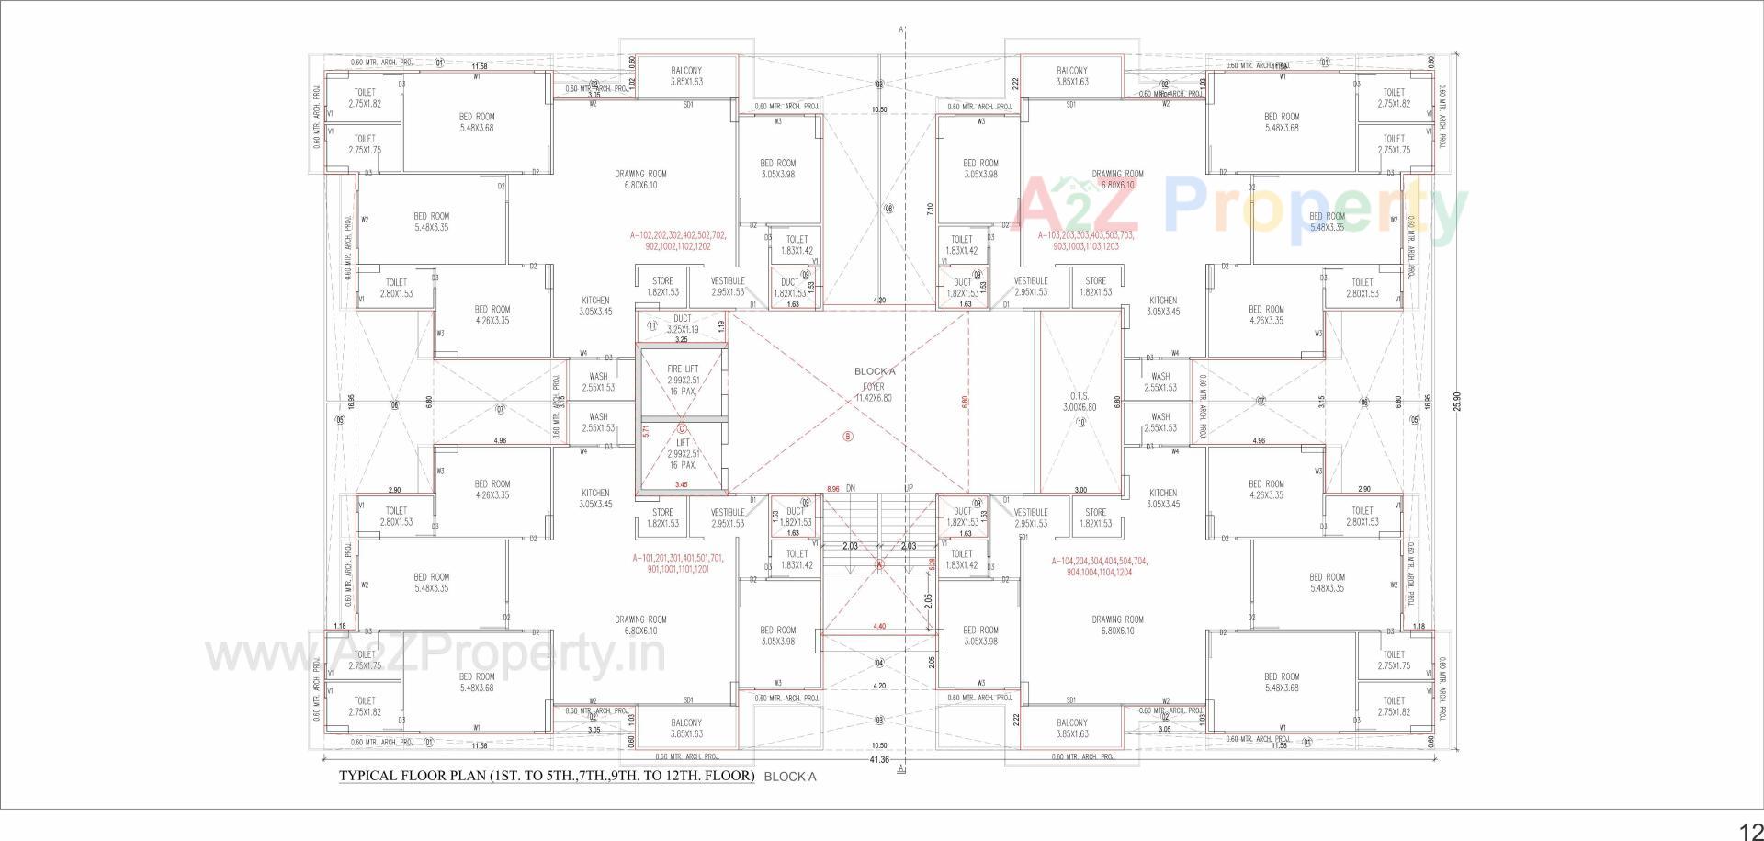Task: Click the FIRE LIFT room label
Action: [683, 369]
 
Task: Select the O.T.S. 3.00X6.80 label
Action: [1080, 401]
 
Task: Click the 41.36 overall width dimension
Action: [879, 759]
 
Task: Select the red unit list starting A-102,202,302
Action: [678, 241]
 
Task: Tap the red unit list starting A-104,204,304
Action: [1099, 566]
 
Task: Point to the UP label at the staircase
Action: [908, 488]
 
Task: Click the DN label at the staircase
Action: [851, 488]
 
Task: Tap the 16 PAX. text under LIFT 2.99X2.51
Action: [683, 465]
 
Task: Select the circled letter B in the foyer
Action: [848, 437]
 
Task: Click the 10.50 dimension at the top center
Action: [879, 109]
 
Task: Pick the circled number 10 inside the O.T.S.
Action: [1080, 423]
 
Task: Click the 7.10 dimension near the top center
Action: [931, 210]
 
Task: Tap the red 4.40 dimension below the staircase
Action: [879, 627]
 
